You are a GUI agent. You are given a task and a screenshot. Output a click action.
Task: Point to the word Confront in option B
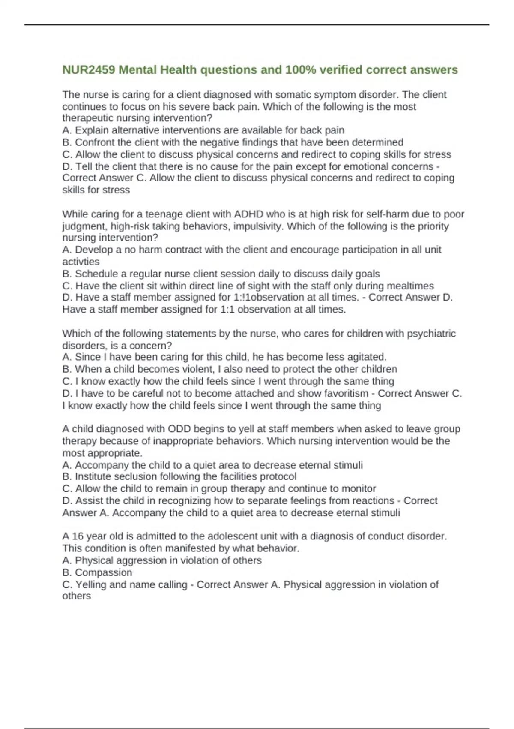(x=93, y=142)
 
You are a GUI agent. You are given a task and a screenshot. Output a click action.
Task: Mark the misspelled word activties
(x=81, y=262)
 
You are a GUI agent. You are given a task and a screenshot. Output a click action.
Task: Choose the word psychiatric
(x=431, y=334)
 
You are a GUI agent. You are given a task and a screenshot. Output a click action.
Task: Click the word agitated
(x=366, y=357)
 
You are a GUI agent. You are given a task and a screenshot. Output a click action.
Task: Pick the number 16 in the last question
(x=78, y=536)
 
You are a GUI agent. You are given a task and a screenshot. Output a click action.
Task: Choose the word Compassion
(x=103, y=572)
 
